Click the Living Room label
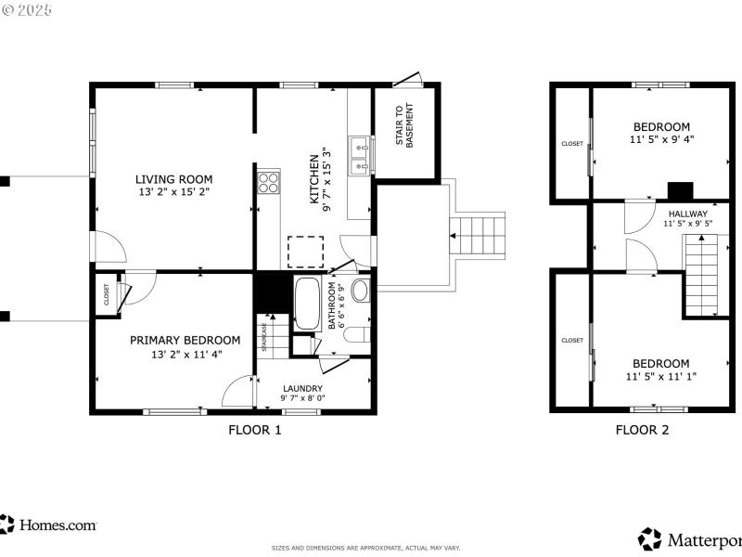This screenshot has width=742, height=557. [x=173, y=179]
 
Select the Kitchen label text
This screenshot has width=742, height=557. [x=315, y=180]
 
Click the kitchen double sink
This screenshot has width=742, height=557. [x=360, y=156]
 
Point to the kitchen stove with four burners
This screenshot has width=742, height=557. [x=268, y=182]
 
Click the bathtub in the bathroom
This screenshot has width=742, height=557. [x=306, y=304]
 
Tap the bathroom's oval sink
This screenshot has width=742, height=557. [x=360, y=290]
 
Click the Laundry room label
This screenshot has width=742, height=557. [x=302, y=388]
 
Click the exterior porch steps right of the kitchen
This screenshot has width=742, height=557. [x=480, y=236]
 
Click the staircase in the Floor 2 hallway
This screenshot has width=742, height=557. [x=701, y=276]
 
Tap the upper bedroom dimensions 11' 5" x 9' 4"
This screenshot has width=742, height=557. [x=661, y=139]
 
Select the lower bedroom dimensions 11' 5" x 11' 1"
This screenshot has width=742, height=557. [x=661, y=376]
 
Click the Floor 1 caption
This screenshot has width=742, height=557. [x=254, y=430]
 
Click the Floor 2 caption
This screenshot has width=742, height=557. [x=642, y=430]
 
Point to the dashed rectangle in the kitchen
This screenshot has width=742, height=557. [x=305, y=252]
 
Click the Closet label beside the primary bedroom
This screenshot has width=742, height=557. [x=106, y=295]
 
